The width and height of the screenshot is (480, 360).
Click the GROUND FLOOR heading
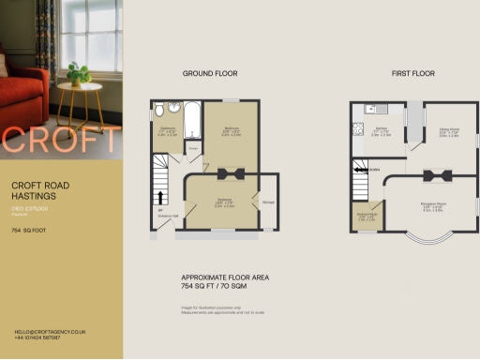211,72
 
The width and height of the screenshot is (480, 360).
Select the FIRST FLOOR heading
413,72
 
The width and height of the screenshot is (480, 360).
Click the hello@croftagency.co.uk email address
51,332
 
